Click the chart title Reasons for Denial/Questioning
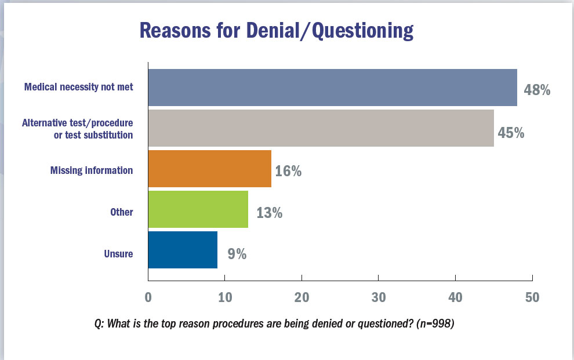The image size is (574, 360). click(276, 31)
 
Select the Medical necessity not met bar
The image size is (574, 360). click(332, 88)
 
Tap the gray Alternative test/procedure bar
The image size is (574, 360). click(321, 128)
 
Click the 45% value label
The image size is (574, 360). click(511, 133)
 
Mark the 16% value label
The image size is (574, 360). click(288, 172)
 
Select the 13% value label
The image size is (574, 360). click(269, 213)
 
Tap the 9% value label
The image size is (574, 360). click(237, 253)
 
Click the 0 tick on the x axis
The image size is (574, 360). click(148, 298)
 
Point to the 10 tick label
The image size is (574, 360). click(224, 298)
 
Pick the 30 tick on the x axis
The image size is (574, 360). click(378, 298)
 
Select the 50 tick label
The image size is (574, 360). click(532, 298)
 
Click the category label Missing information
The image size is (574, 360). click(92, 170)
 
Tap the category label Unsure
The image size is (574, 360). click(119, 253)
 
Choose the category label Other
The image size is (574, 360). click(122, 212)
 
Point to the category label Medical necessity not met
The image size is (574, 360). click(79, 88)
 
